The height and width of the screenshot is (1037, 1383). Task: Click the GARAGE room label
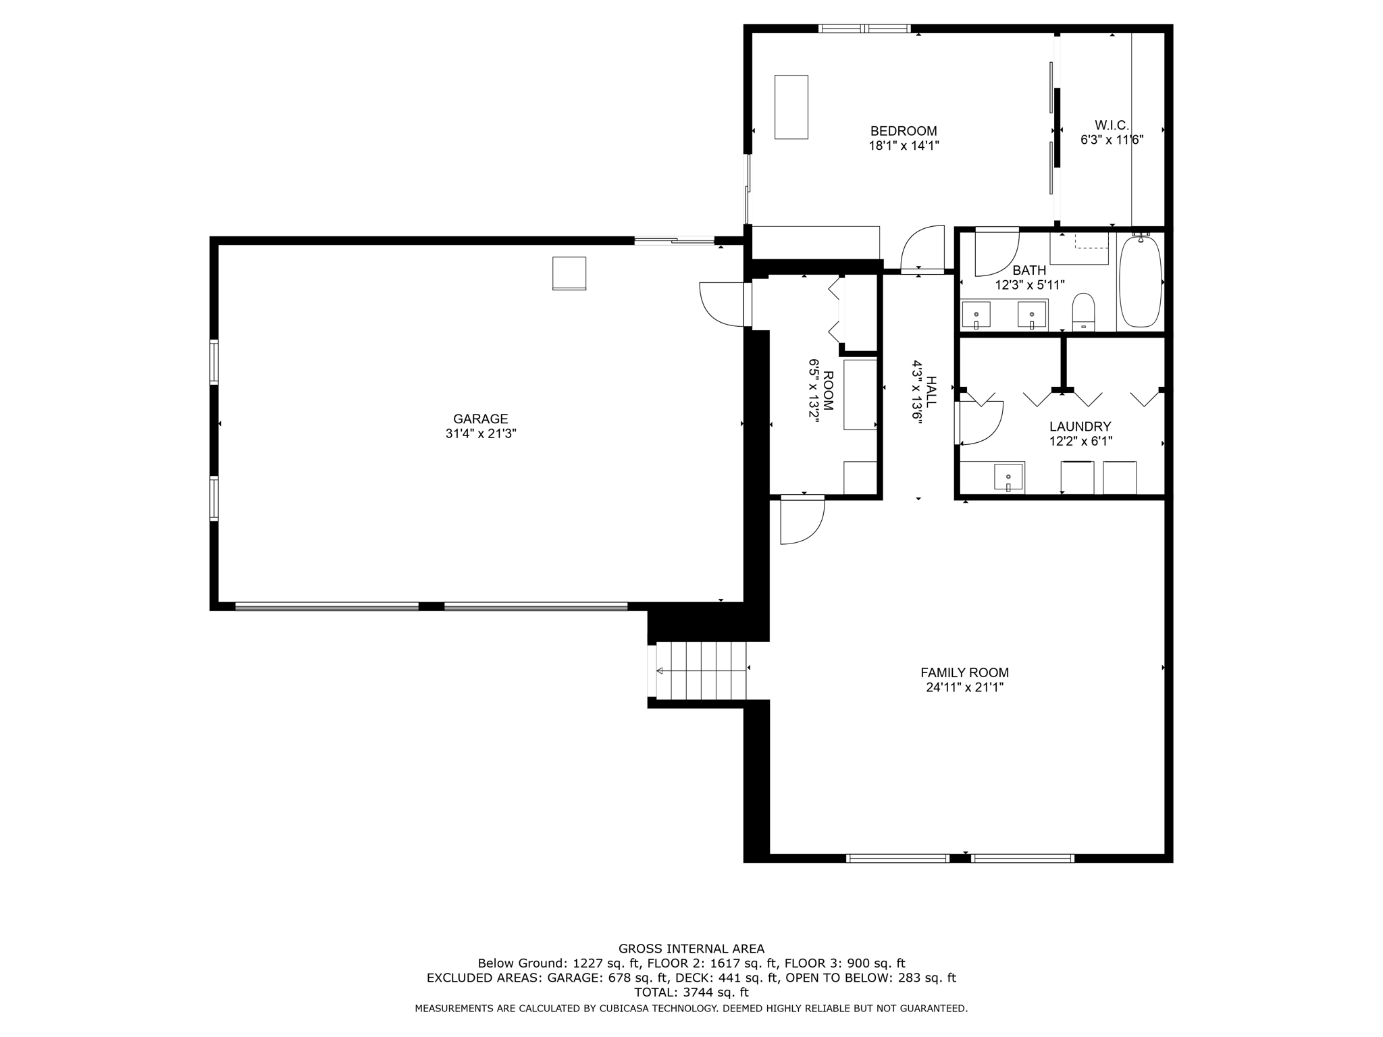click(x=480, y=419)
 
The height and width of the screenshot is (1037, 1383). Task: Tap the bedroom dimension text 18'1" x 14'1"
click(x=904, y=145)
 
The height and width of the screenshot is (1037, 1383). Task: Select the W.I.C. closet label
click(x=1111, y=125)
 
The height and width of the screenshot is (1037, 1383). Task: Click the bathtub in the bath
click(x=1140, y=282)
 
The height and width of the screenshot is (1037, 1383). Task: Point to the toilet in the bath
click(x=1083, y=311)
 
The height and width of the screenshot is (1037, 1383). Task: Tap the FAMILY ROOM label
click(x=964, y=672)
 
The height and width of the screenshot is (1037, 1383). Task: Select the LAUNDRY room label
click(x=1080, y=426)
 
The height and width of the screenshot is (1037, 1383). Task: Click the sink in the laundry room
click(x=1008, y=477)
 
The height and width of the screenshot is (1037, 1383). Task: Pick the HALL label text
click(x=931, y=392)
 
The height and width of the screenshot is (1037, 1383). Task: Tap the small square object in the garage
click(x=569, y=273)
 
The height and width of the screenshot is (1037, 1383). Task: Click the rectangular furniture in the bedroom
click(x=791, y=107)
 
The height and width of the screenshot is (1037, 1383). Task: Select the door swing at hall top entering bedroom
click(x=922, y=248)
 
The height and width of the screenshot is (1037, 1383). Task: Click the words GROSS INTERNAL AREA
click(x=691, y=949)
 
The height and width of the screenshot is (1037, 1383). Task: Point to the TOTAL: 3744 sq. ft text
click(x=691, y=992)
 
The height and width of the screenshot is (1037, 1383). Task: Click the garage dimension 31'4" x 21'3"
click(x=480, y=434)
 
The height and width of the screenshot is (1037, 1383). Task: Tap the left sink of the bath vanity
click(x=976, y=315)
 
